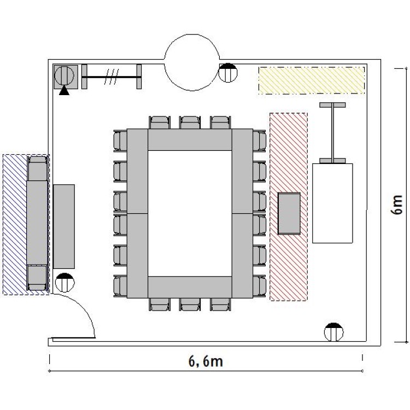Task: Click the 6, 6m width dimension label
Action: (206, 362)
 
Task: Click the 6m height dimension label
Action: (397, 205)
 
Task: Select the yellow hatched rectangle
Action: (312, 80)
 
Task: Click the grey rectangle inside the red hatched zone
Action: (289, 213)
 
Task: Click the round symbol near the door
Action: (65, 283)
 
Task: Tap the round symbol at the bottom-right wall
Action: (333, 332)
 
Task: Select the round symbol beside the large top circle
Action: (228, 73)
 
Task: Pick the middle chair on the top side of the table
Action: (190, 122)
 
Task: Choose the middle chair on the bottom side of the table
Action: (190, 304)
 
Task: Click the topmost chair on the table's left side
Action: (120, 140)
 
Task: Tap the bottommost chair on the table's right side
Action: (259, 286)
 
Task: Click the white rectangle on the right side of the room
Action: (332, 203)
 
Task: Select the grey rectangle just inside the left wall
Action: (64, 226)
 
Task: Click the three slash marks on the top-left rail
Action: (112, 77)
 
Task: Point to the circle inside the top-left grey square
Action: (64, 75)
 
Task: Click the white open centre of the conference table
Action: (190, 213)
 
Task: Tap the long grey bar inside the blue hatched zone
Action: (37, 222)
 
